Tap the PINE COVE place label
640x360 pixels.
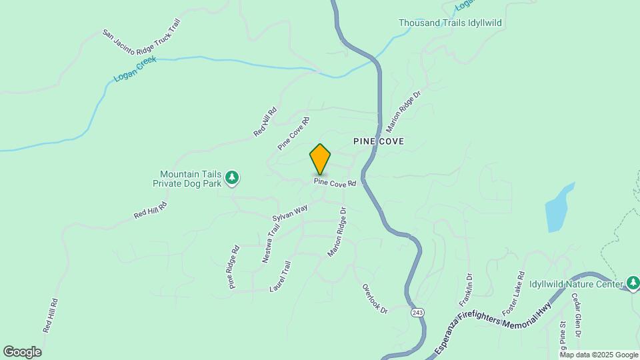[379, 142]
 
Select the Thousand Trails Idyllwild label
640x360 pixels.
[450, 23]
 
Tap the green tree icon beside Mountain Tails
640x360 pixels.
[232, 177]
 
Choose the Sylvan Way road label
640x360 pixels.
[290, 213]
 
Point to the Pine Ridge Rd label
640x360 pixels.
[233, 267]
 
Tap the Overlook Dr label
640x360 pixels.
[375, 299]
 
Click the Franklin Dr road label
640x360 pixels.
[465, 290]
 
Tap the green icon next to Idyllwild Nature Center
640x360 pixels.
[633, 284]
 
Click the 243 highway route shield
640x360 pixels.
[417, 312]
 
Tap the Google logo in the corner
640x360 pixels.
[23, 352]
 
